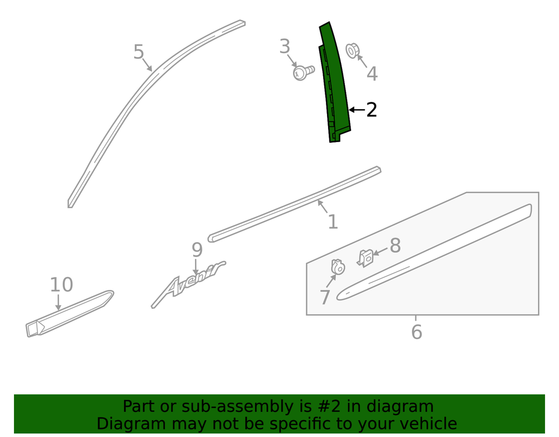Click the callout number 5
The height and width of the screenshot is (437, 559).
coord(138,52)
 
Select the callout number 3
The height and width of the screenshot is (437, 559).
coord(285,47)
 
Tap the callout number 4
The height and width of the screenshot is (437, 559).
coord(372,74)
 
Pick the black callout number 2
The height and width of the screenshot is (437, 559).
coord(371,110)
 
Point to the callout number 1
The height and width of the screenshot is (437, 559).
coord(333,222)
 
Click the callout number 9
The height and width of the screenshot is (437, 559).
coord(197,250)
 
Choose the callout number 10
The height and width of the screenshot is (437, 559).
coord(61,285)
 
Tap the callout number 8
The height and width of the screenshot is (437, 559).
coord(395,246)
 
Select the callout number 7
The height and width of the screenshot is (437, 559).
coord(324,297)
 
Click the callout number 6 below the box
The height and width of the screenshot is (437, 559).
coord(416,332)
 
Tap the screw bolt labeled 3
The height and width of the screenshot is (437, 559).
coord(304,72)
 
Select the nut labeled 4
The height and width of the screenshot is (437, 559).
coord(352,51)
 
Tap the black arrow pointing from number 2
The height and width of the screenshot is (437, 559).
coord(357,110)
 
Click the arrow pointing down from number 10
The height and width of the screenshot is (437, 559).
coord(58,303)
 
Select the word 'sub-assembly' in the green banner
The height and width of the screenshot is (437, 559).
coord(235,406)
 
